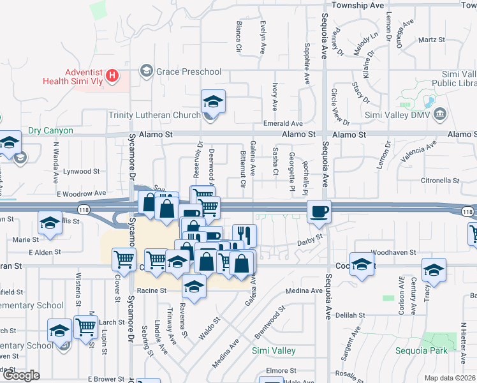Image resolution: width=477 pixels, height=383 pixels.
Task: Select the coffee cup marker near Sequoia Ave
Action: (x=318, y=211)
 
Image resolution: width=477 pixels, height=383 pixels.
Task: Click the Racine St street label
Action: (x=150, y=290)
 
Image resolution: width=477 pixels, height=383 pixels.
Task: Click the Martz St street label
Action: (x=432, y=40)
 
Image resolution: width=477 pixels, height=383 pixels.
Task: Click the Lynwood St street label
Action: (x=82, y=171)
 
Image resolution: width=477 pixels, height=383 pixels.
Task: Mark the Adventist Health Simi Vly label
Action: (x=71, y=77)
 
